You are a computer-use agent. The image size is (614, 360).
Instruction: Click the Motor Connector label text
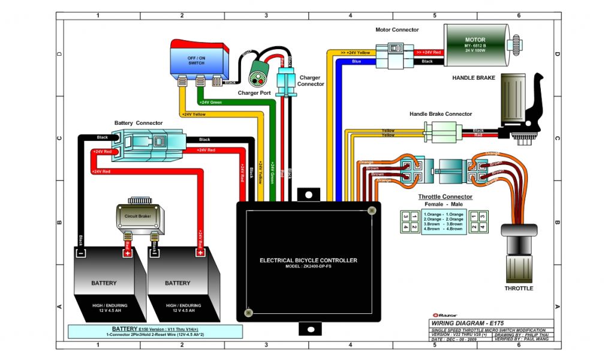(x=397, y=29)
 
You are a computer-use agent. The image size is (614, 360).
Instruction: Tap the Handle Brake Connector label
(x=441, y=114)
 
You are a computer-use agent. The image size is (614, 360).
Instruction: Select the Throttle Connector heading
(x=445, y=197)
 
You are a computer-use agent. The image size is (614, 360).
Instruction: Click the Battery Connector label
(x=139, y=123)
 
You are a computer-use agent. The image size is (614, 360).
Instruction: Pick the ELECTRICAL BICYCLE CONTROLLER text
(x=308, y=260)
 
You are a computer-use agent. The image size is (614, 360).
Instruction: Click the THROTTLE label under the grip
(x=519, y=289)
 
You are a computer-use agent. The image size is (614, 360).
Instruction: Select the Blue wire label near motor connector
(x=356, y=61)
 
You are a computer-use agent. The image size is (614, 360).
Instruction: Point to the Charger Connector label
(x=311, y=81)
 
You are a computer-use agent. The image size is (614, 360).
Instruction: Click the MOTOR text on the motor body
(x=475, y=40)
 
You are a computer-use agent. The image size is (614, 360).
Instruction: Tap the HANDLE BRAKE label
(x=474, y=78)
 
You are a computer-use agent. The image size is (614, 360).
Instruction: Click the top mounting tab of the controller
(x=308, y=194)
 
